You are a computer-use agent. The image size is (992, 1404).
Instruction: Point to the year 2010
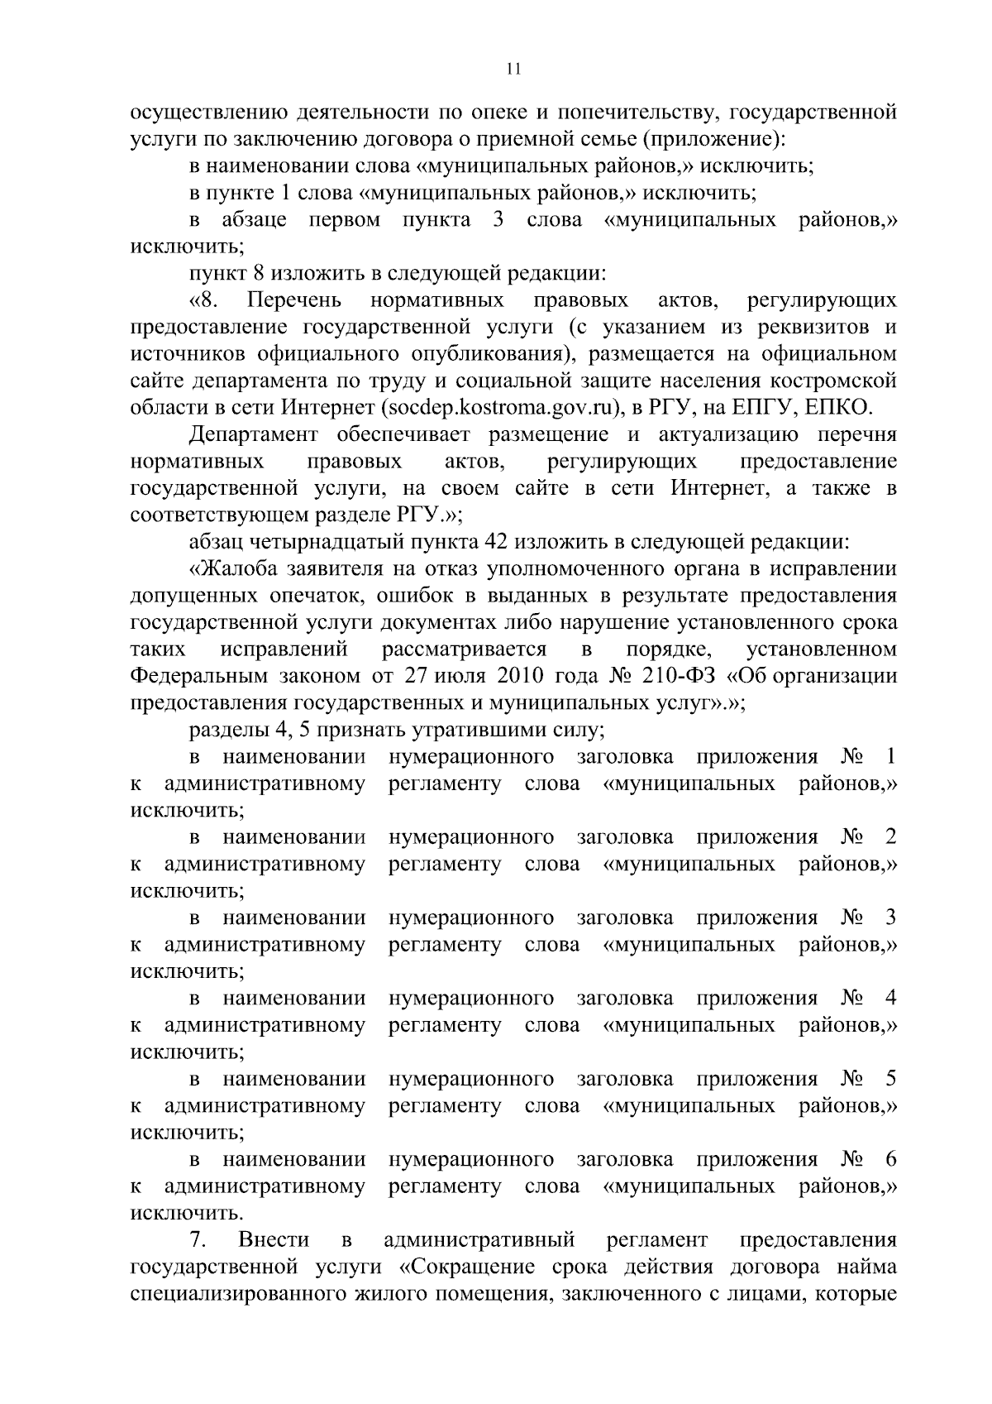[520, 676]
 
